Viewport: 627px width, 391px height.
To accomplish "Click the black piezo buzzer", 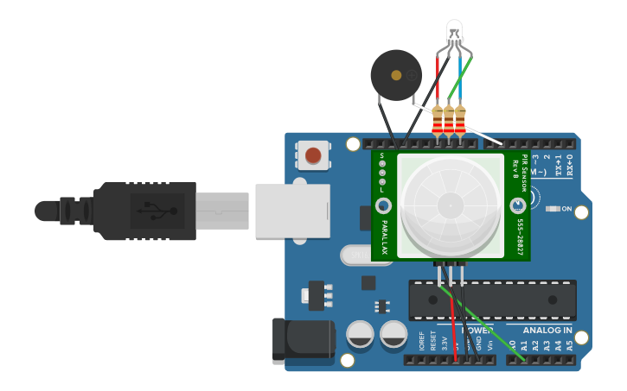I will click(x=395, y=75).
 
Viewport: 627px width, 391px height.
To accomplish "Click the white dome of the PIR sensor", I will click(x=450, y=205).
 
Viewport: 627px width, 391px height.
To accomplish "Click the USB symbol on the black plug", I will click(x=157, y=211).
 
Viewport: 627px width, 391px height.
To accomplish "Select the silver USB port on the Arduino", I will click(x=292, y=211).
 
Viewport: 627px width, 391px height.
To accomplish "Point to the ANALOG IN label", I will click(x=547, y=330).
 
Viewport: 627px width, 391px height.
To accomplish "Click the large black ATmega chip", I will click(x=492, y=300).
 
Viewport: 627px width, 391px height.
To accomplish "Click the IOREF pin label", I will click(x=422, y=340).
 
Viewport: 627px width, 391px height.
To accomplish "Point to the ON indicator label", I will click(x=566, y=209).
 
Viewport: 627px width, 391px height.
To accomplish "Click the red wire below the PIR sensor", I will click(x=452, y=319).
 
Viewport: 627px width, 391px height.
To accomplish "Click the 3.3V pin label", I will click(x=445, y=342).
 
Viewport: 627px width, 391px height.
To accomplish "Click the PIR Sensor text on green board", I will click(x=524, y=173).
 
